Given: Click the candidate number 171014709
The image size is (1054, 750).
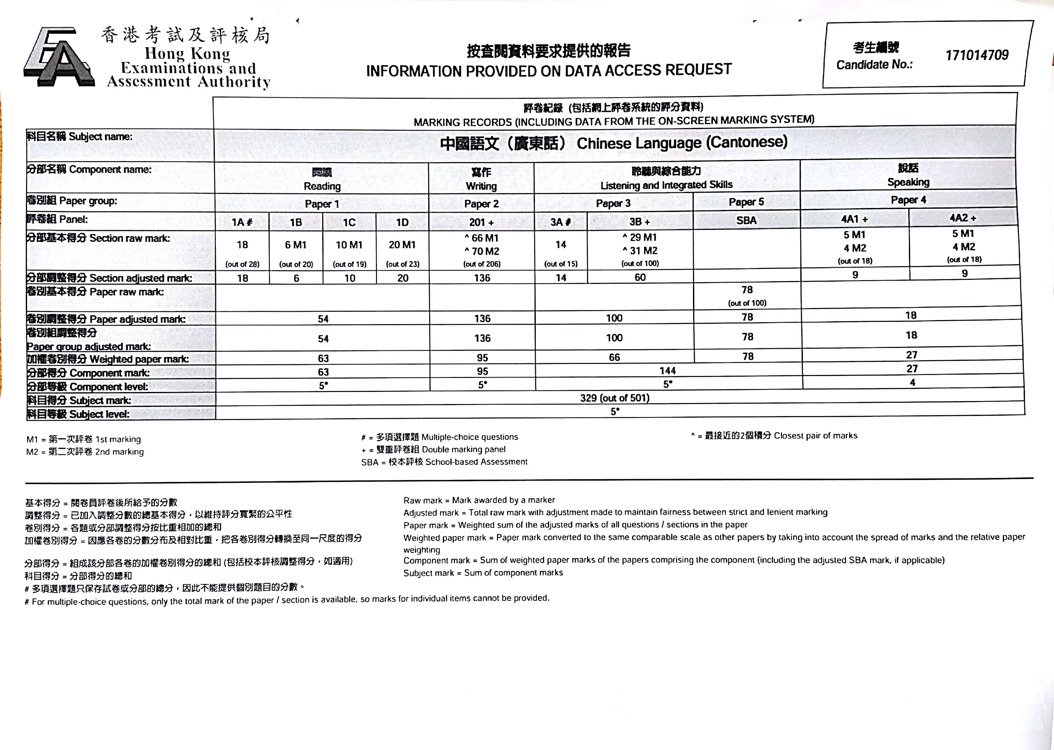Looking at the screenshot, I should pos(976,55).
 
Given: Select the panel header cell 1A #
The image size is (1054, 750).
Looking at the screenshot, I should pos(242,222).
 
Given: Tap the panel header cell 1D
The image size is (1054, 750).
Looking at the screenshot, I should pos(402,222).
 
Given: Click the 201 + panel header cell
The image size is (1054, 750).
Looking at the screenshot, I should pos(481,222).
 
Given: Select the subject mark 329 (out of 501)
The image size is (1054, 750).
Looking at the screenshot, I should pos(614,397).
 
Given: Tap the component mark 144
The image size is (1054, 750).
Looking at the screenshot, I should pos(668,370).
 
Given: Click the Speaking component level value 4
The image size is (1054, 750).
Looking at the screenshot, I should pos(912,382).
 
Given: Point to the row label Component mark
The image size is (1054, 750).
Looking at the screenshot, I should pos(88,373).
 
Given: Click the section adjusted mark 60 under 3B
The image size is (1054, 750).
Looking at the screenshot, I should pos(640,277).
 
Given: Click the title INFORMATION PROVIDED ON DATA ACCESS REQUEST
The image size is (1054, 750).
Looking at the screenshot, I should pos(549,70).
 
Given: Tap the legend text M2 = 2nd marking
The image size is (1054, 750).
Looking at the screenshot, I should pos(85,452).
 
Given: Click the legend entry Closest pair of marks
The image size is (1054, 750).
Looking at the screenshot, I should pos(774,436).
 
